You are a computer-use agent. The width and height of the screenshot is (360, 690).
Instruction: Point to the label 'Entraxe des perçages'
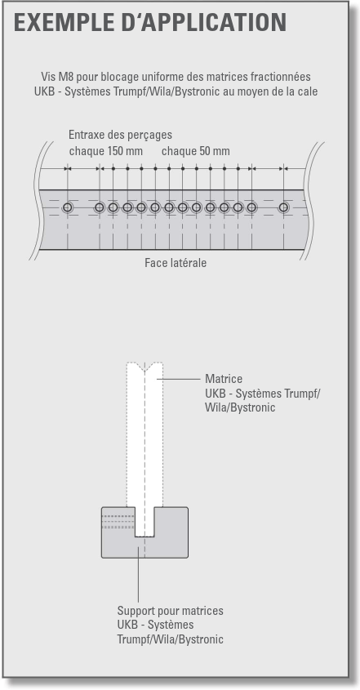click(120, 135)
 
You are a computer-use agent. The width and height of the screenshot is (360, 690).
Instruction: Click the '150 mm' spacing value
click(125, 151)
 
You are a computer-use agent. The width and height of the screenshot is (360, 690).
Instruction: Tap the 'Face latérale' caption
click(176, 263)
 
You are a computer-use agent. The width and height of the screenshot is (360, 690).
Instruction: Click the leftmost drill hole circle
click(67, 207)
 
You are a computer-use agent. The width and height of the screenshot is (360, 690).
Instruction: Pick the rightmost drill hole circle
click(284, 207)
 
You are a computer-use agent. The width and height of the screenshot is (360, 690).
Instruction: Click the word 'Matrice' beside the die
click(224, 379)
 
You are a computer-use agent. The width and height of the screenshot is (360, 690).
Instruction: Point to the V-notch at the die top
click(144, 367)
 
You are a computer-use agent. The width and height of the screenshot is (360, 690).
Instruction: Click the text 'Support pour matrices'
click(170, 611)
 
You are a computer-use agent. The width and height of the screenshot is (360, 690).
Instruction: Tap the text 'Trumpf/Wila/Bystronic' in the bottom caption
click(170, 639)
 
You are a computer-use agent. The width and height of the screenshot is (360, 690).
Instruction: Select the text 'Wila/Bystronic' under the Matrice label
click(240, 407)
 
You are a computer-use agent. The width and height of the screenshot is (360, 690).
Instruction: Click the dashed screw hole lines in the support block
click(118, 521)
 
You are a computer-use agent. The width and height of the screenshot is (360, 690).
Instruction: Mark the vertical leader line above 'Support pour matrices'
click(138, 574)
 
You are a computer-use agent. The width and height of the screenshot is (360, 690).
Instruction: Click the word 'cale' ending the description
click(309, 92)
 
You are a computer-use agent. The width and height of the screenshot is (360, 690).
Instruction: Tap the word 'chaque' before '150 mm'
click(87, 151)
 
